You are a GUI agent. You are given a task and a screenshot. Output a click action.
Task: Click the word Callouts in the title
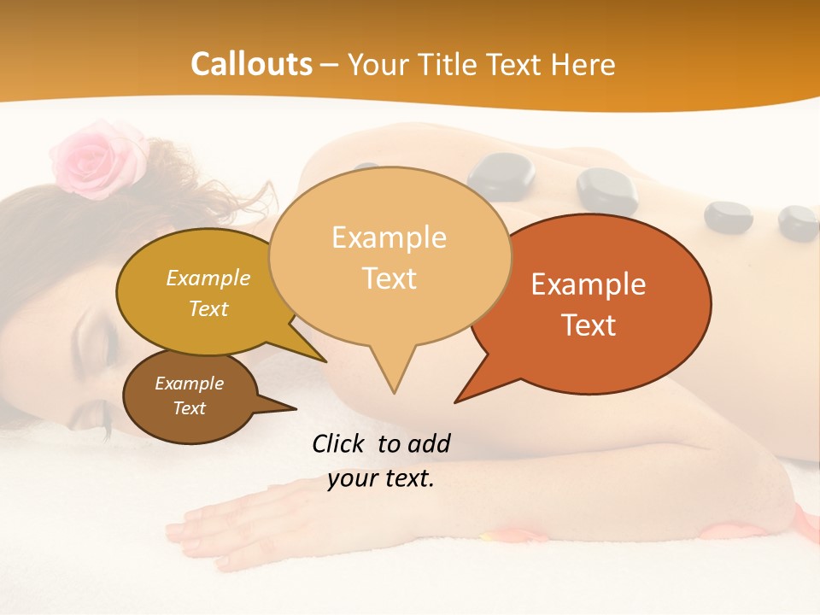coord(251,64)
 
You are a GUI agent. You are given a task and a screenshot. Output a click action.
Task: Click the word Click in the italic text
coord(340,443)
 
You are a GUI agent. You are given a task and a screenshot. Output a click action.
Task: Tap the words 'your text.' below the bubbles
coord(381,478)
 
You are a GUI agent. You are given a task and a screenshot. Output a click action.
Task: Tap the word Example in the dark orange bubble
coord(589,284)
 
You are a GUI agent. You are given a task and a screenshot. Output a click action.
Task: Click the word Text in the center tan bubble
coord(389,278)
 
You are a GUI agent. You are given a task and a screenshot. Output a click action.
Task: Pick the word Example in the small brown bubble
coord(189,384)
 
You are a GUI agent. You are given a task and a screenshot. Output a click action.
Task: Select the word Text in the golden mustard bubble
coord(208,309)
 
